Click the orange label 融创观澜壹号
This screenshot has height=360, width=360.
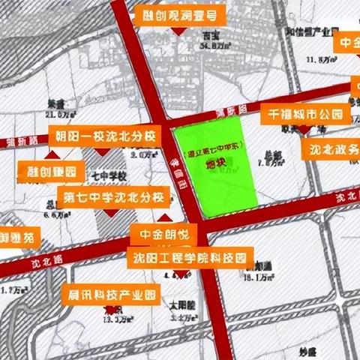pyautogui.click(x=179, y=15)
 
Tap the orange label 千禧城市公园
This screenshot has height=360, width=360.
pyautogui.click(x=305, y=115)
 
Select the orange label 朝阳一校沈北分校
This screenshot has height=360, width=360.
pyautogui.click(x=105, y=136)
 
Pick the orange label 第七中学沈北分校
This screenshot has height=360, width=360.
pyautogui.click(x=113, y=198)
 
